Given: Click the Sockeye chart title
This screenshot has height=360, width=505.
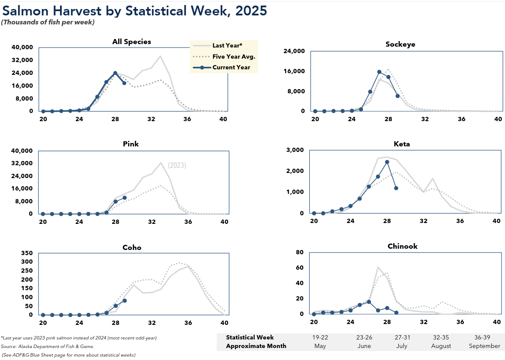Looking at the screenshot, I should (x=400, y=44).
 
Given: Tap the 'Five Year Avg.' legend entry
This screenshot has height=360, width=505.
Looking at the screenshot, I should (x=233, y=56).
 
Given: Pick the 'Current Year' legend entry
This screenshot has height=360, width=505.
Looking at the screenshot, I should (x=231, y=67).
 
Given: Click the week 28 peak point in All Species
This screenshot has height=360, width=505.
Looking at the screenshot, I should (x=115, y=73).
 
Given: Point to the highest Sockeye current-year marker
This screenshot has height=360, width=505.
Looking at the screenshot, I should (x=379, y=72).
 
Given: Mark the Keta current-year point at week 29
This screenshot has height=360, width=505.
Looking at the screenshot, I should (x=396, y=188).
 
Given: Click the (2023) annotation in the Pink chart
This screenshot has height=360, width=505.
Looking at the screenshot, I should (x=177, y=165).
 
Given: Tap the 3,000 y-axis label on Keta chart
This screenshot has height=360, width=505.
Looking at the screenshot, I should (x=294, y=150).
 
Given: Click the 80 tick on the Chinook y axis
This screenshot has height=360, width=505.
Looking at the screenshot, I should (x=300, y=252).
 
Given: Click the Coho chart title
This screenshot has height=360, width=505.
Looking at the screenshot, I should (x=131, y=247).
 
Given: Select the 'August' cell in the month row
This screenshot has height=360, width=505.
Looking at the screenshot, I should (x=441, y=346).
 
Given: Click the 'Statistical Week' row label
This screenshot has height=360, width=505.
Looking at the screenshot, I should (x=250, y=338).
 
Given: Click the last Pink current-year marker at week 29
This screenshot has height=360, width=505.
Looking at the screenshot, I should (x=125, y=198).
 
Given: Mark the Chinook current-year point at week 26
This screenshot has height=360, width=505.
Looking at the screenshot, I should (x=369, y=302).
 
